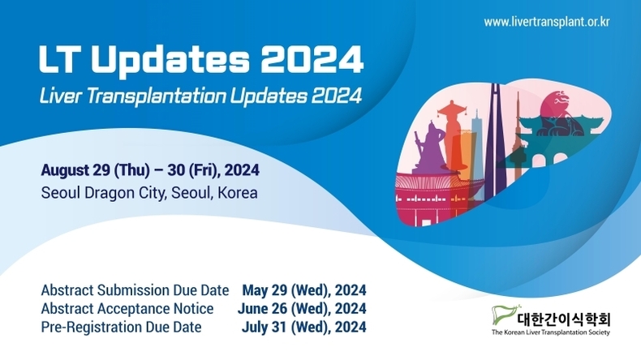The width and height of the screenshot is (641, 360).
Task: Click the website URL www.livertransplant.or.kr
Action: [x=547, y=22]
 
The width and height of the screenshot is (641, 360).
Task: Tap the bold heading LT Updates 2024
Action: [x=201, y=60]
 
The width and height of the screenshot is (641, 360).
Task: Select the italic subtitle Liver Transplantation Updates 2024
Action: [x=200, y=96]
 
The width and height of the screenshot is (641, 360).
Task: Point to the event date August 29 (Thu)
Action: [x=95, y=170]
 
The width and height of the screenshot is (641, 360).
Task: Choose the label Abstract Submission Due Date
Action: [x=135, y=290]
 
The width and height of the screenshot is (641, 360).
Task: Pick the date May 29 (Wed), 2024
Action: [x=304, y=290]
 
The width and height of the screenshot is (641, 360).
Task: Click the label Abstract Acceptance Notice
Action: [x=127, y=308]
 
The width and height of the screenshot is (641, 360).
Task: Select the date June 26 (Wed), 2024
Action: [x=302, y=308]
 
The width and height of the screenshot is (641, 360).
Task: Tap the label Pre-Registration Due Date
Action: [x=121, y=327]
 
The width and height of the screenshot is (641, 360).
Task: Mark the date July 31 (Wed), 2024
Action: [x=303, y=327]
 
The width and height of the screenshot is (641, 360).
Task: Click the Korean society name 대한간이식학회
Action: [x=564, y=319]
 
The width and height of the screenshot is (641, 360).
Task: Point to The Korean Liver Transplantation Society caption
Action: [x=551, y=332]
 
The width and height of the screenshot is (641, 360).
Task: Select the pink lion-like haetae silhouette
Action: [x=558, y=114]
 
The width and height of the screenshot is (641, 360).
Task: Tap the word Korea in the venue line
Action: [x=238, y=193]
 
